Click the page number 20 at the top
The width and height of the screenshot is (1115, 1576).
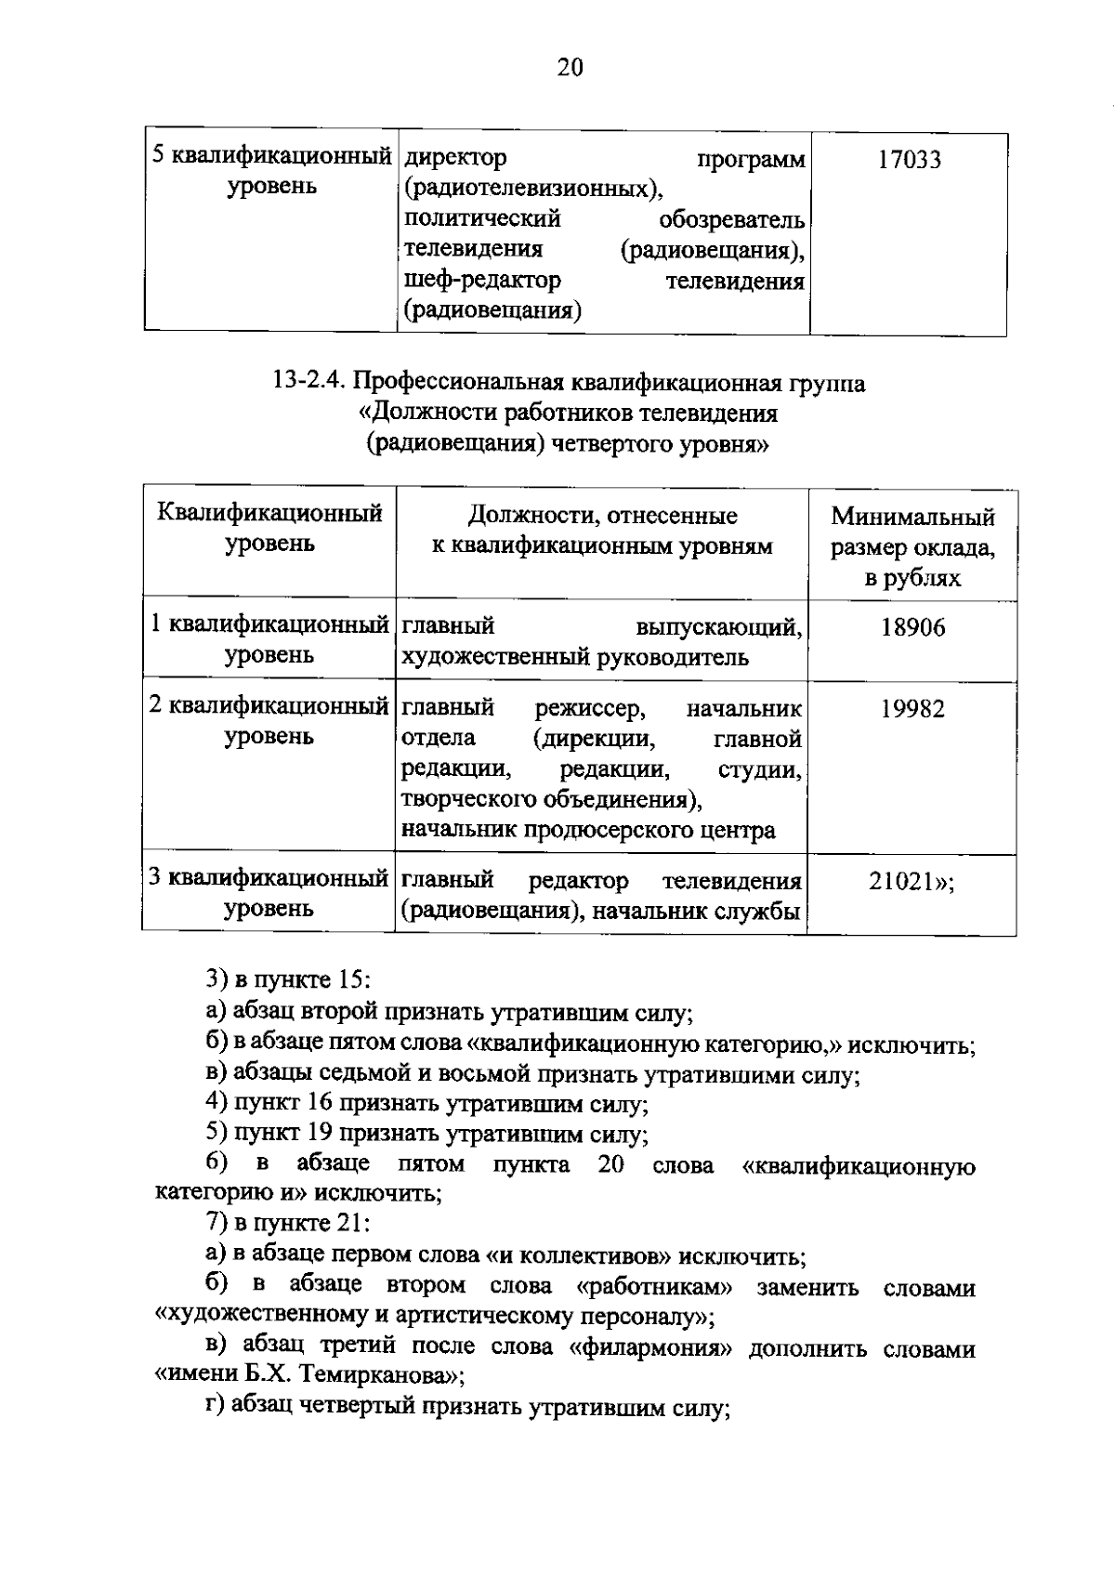pyautogui.click(x=569, y=67)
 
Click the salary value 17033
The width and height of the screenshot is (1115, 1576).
pyautogui.click(x=909, y=161)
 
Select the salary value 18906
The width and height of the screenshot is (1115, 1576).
pyautogui.click(x=912, y=628)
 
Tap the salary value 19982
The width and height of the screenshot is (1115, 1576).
pyautogui.click(x=912, y=710)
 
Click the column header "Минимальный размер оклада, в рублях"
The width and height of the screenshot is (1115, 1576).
pyautogui.click(x=912, y=547)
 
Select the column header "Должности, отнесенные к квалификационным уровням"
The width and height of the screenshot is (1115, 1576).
pyautogui.click(x=602, y=531)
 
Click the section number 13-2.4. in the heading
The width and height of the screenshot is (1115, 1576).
pyautogui.click(x=311, y=383)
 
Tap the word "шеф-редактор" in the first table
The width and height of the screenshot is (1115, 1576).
pyautogui.click(x=482, y=280)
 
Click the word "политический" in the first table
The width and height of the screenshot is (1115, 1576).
pyautogui.click(x=482, y=219)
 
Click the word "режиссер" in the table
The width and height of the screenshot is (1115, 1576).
pyautogui.click(x=589, y=710)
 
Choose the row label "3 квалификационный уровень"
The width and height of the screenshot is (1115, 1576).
pyautogui.click(x=269, y=893)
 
